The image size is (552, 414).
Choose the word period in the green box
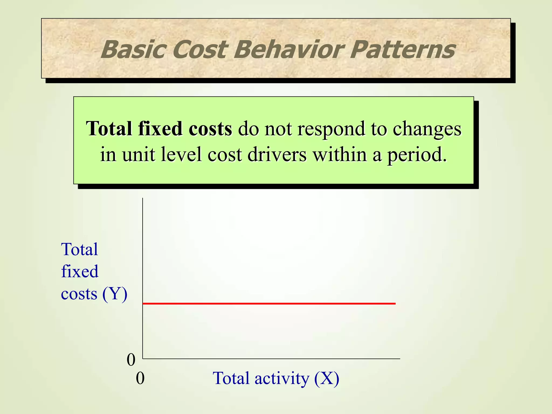point(417,155)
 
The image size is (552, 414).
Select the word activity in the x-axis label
point(282,378)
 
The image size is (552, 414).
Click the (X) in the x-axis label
point(327,378)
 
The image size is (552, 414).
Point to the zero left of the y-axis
point(131,360)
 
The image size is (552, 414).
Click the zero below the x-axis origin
point(140,378)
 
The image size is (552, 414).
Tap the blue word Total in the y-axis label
point(80,249)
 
